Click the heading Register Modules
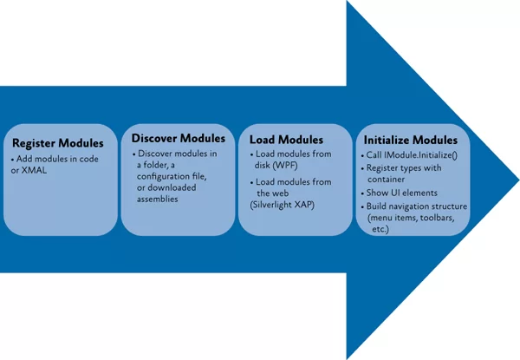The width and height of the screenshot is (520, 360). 58,143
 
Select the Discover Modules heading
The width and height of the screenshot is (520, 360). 179,138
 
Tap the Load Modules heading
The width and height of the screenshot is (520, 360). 286,140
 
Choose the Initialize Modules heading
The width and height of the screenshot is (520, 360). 411,140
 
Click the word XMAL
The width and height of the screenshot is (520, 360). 34,171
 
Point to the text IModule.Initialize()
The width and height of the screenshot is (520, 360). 420,155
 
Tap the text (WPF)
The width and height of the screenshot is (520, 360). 285,165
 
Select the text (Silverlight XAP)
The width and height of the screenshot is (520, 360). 283,205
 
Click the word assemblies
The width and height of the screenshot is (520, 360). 158,199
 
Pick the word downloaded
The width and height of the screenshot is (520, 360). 172,187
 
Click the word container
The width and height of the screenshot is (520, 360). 386,180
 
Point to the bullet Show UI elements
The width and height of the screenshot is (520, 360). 400,193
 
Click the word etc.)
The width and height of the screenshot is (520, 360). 380,229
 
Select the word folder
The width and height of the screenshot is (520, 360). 156,165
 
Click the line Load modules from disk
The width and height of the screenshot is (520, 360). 290,160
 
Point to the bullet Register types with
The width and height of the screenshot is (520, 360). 401,168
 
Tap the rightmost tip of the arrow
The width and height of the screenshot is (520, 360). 519,180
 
